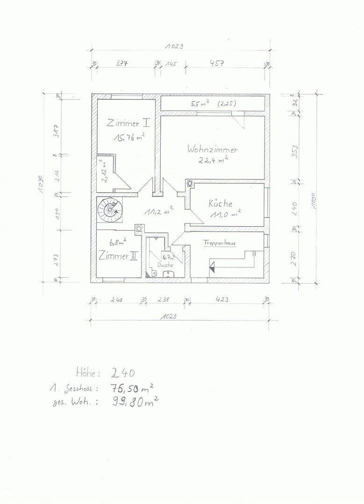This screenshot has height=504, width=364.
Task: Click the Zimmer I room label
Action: (128, 124)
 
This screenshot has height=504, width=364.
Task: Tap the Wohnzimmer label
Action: (212, 149)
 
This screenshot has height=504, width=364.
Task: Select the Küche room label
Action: (220, 203)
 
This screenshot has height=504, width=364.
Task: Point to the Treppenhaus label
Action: (219, 243)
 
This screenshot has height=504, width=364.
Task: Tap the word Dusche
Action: (165, 265)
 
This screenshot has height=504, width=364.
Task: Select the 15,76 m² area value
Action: (128, 137)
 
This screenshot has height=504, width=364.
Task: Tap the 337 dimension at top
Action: (122, 63)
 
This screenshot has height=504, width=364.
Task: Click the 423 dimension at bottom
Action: (221, 300)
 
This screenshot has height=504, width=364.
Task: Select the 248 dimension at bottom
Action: (116, 300)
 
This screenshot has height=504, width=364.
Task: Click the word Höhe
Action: (88, 372)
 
